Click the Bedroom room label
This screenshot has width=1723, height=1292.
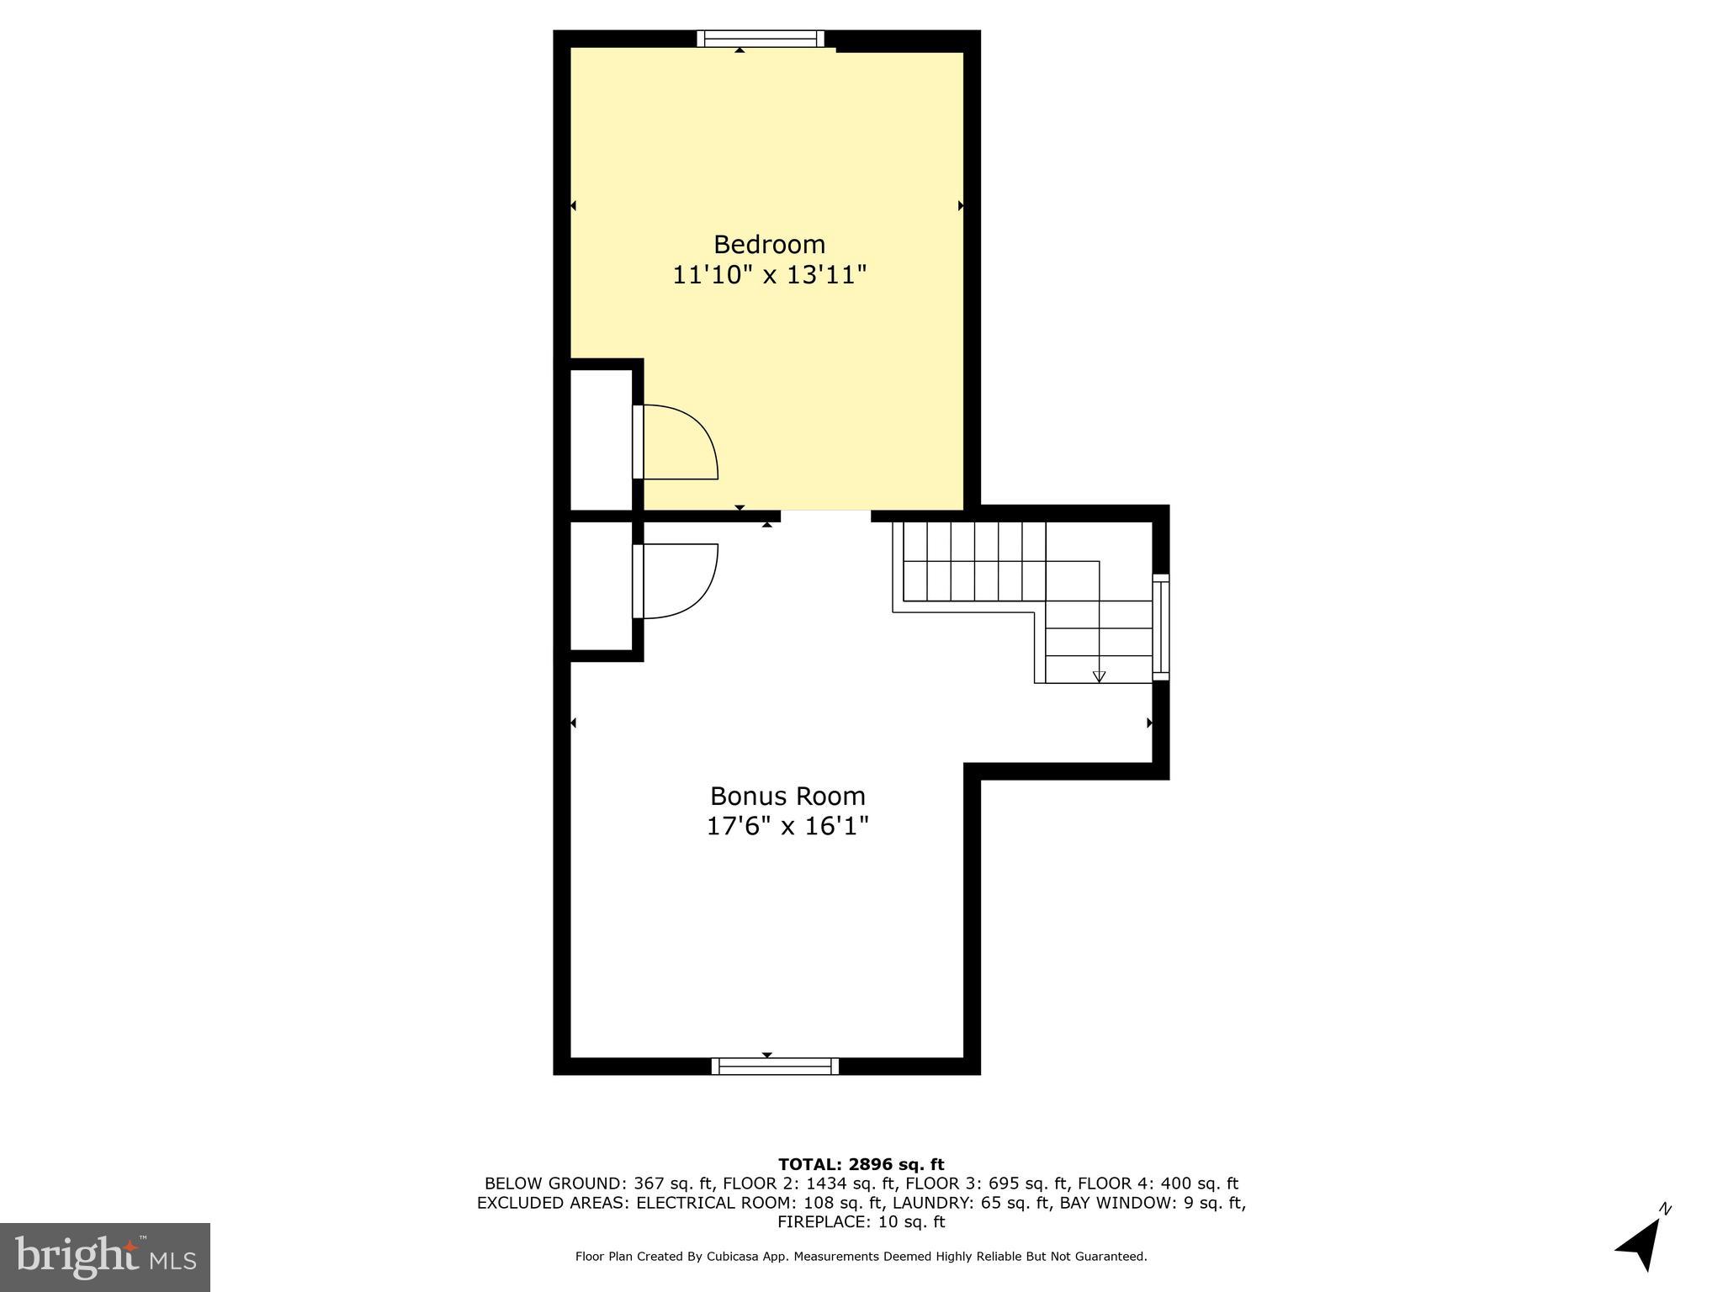(769, 245)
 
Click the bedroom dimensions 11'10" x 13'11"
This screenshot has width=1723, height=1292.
(769, 275)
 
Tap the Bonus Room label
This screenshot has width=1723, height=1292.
(787, 796)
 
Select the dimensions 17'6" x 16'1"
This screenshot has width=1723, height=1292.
(787, 826)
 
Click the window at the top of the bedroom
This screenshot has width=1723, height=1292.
(761, 39)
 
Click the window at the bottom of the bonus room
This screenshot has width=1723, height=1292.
(775, 1067)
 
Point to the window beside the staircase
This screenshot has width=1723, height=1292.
(1160, 627)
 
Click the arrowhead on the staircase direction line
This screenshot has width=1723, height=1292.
(1099, 676)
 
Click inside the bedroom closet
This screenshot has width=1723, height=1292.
(601, 439)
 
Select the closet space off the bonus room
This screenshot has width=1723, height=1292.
(601, 585)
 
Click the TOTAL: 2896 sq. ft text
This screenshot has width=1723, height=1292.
(861, 1165)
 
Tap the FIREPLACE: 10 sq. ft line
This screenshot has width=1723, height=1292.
(861, 1222)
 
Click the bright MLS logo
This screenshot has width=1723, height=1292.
(105, 1258)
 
